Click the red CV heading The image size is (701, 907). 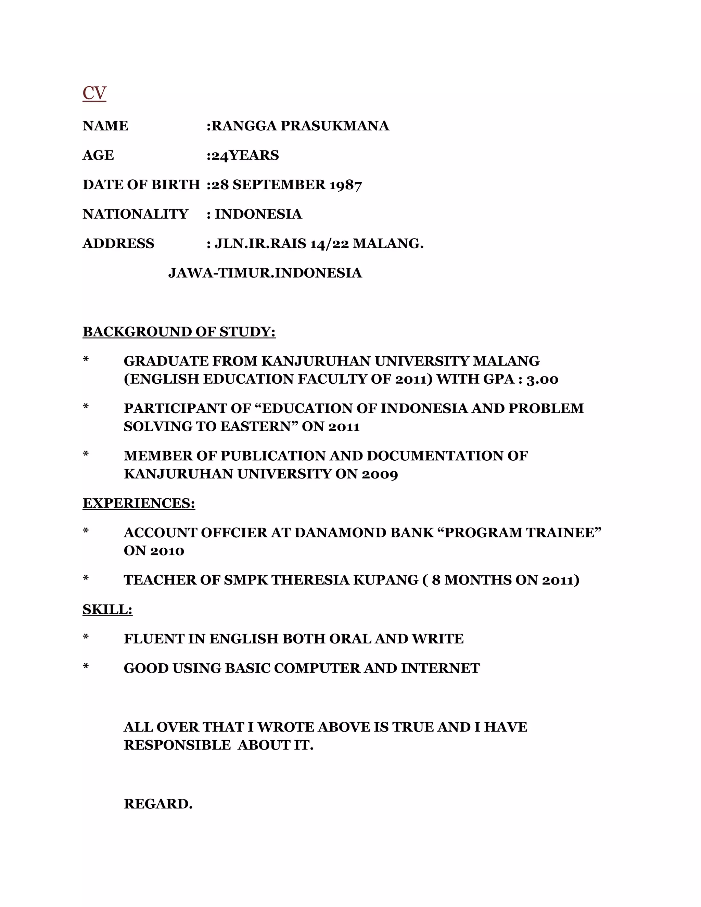tap(94, 93)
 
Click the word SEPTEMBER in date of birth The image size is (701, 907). tap(279, 185)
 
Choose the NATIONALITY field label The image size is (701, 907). tap(136, 214)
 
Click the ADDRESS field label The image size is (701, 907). tap(118, 244)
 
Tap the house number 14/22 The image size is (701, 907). tap(329, 244)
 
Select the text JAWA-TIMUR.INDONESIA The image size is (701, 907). tap(265, 273)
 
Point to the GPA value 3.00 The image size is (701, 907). tap(543, 380)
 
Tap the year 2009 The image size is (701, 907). tap(380, 474)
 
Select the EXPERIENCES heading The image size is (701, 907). tap(139, 503)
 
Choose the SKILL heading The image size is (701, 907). tap(107, 610)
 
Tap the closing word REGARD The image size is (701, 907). tap(158, 804)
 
